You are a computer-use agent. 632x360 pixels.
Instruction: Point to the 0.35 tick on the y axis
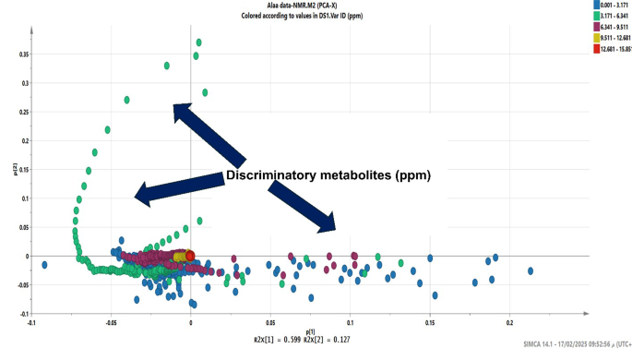[x=24, y=54]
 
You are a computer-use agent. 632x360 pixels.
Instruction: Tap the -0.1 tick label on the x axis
[x=32, y=324]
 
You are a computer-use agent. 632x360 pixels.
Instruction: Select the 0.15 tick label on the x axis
[x=429, y=324]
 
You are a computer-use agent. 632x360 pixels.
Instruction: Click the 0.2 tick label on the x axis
[x=509, y=324]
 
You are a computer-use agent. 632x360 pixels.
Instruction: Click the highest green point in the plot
[x=198, y=42]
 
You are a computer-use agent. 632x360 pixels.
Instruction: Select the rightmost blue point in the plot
[x=531, y=270]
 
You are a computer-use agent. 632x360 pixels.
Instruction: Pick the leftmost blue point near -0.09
[x=44, y=265]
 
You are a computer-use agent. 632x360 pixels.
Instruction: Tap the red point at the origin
[x=190, y=256]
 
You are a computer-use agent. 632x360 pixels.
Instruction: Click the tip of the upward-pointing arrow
[x=176, y=107]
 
